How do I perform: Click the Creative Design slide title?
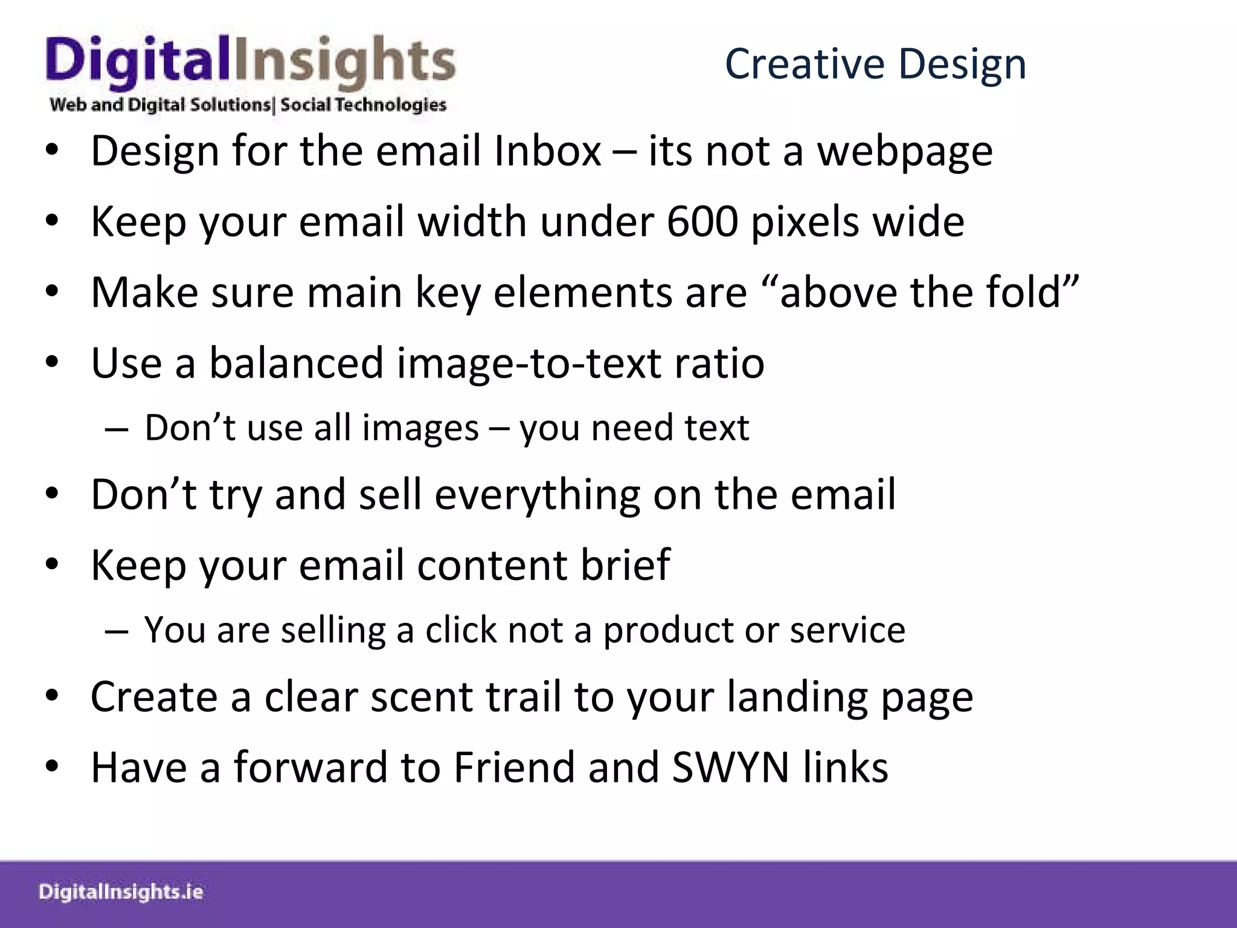click(875, 63)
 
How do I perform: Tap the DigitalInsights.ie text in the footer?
click(121, 892)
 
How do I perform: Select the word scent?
click(422, 697)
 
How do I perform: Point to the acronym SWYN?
click(730, 767)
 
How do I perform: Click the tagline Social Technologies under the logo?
click(363, 105)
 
